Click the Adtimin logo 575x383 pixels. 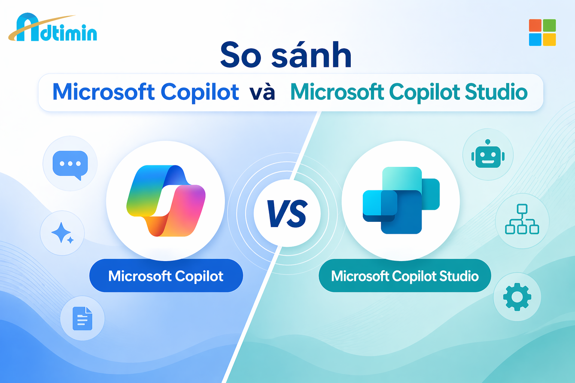click(53, 27)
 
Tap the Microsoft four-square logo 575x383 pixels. click(542, 33)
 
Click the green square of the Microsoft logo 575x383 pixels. click(550, 25)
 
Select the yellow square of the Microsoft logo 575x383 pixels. click(550, 40)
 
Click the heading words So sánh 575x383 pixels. click(286, 55)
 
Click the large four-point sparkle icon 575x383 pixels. click(61, 232)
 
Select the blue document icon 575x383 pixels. click(82, 318)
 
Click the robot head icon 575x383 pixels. click(488, 154)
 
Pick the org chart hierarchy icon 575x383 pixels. click(522, 219)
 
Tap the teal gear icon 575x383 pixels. click(517, 297)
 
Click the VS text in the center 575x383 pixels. click(287, 214)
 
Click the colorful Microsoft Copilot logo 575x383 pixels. click(166, 200)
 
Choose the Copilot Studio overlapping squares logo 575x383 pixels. click(401, 200)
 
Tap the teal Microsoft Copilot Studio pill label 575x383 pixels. click(405, 276)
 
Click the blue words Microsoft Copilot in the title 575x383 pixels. click(146, 92)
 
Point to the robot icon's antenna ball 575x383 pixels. click(488, 142)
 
